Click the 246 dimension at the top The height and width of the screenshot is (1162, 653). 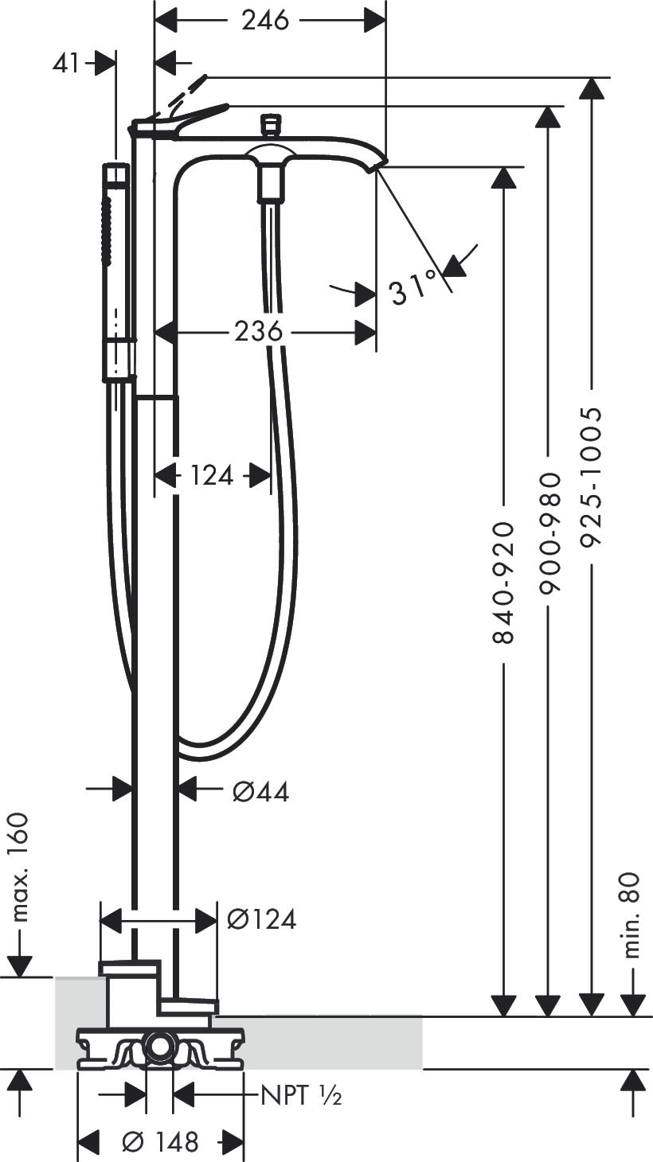point(265,21)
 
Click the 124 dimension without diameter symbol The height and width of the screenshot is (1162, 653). point(212,476)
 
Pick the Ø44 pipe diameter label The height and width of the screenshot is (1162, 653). point(260,791)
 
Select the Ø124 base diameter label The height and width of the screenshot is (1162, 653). point(261,919)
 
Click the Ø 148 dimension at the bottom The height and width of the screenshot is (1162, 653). point(159,1142)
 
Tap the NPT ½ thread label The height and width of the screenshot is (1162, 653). point(302,1097)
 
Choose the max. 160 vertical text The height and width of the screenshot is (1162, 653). point(19,868)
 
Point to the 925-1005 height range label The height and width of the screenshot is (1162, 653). point(590,478)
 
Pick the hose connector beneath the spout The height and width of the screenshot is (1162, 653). point(272,183)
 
